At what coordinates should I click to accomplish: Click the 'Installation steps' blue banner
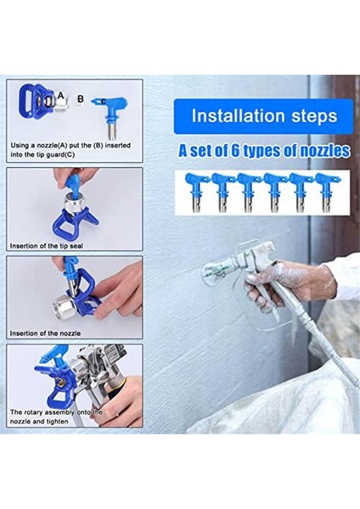(x=263, y=116)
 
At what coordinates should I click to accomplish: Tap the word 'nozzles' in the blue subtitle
(x=324, y=151)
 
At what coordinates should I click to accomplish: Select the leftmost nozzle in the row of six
(x=196, y=193)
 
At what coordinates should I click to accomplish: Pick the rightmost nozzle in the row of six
(x=327, y=193)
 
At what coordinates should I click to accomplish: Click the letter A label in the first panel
(x=61, y=95)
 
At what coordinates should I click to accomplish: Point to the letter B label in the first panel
(x=81, y=98)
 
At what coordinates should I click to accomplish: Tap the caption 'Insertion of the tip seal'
(x=47, y=246)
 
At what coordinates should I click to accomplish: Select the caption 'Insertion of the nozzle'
(x=45, y=333)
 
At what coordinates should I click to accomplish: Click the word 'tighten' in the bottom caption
(x=57, y=422)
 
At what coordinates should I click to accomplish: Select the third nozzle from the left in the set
(x=248, y=193)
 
